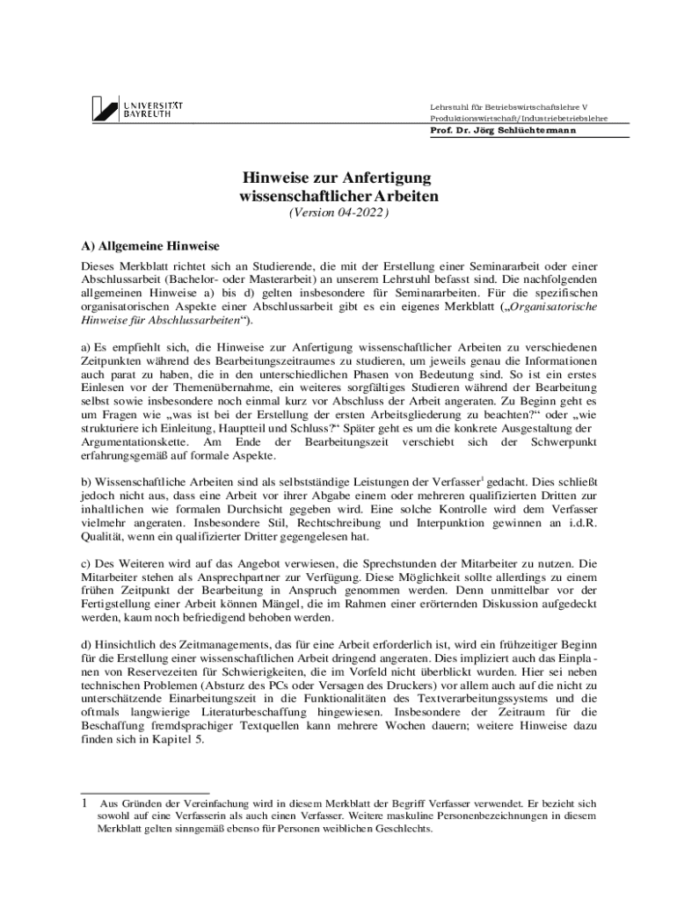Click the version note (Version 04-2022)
pos(338,213)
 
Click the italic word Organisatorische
pos(555,308)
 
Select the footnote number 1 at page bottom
pos(84,803)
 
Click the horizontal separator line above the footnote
pos(144,793)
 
